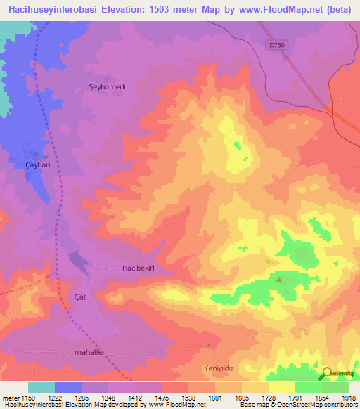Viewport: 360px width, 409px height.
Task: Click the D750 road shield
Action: (x=278, y=45)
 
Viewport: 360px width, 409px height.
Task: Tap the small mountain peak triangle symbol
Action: (x=279, y=280)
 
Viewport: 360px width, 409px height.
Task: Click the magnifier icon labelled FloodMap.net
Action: (x=328, y=373)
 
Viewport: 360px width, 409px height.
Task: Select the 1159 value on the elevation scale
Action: (x=28, y=398)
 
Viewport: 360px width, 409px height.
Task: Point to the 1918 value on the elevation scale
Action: (x=349, y=398)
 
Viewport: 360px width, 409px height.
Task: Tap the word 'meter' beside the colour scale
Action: (x=10, y=398)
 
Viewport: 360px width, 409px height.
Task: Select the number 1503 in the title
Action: (x=161, y=10)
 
